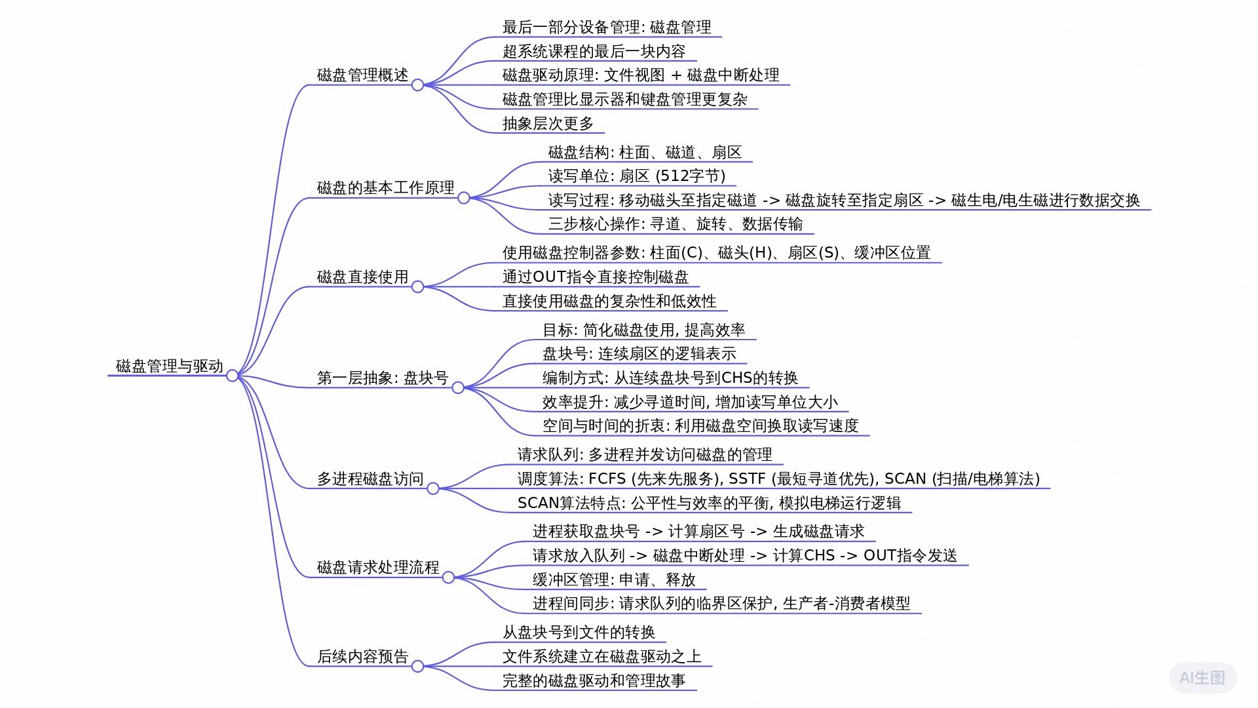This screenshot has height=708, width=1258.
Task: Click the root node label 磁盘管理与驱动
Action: tap(170, 366)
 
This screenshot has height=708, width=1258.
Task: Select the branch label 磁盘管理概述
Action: tap(362, 75)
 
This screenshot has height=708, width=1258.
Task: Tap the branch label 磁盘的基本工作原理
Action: tap(385, 187)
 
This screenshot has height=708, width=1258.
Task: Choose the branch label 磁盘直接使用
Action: tap(362, 277)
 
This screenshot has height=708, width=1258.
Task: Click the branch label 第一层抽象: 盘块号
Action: tap(383, 378)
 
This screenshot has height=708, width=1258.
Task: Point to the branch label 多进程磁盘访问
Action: tap(370, 479)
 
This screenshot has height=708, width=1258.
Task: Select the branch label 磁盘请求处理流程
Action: tap(378, 567)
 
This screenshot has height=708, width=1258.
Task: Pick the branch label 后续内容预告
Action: tap(362, 656)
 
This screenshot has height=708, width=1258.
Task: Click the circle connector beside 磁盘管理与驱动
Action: tap(232, 376)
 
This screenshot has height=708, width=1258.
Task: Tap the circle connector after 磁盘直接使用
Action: tap(417, 286)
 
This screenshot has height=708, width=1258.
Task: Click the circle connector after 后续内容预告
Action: tap(417, 666)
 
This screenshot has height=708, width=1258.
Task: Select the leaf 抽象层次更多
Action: tap(548, 123)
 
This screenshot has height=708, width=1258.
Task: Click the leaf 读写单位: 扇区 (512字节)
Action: tap(637, 176)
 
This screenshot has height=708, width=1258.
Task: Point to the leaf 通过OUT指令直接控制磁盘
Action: tap(596, 277)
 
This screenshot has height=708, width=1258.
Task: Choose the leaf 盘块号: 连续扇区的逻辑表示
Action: tap(639, 353)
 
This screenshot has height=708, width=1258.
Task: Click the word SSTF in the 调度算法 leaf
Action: tap(747, 479)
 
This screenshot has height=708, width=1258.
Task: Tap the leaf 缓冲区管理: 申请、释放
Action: tap(614, 580)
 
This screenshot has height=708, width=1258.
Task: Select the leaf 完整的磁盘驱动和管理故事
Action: tap(594, 680)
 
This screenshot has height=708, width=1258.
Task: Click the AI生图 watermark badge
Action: tap(1202, 678)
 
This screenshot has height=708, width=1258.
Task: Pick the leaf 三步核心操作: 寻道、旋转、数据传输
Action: tap(676, 224)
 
